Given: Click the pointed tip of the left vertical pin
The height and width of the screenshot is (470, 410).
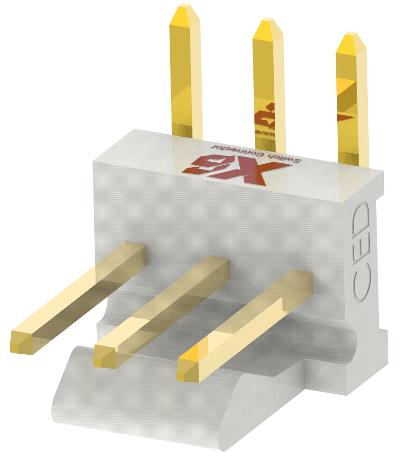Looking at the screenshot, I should [x=185, y=9].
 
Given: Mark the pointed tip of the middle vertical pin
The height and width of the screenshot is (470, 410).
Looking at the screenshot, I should [x=268, y=22].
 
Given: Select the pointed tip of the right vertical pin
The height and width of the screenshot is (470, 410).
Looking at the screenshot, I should [x=351, y=37].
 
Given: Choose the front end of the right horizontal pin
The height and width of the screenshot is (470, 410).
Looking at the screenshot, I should [x=189, y=369].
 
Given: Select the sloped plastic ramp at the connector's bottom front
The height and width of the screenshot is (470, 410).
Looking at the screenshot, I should [x=145, y=412].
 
